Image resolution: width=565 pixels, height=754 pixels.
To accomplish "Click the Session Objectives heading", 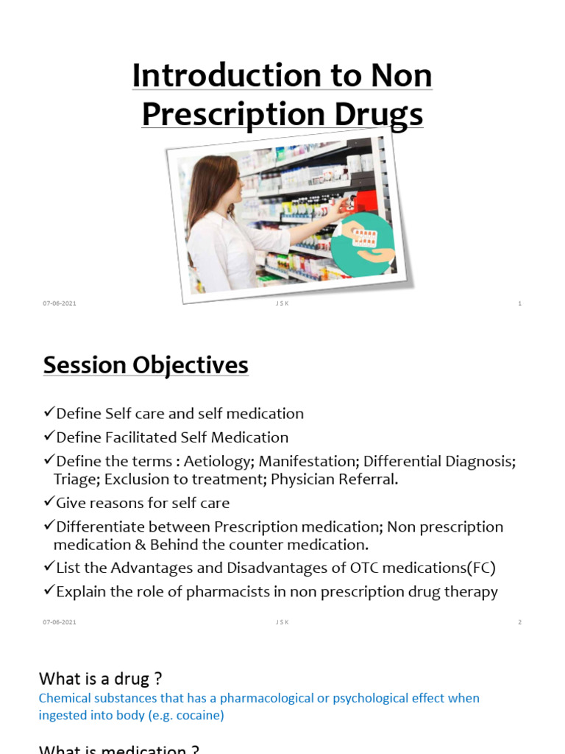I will [146, 365].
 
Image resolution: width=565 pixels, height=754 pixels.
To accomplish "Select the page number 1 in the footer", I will [519, 304].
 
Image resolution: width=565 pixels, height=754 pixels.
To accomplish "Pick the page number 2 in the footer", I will [519, 622].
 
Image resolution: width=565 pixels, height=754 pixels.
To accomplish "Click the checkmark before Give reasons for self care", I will [49, 503].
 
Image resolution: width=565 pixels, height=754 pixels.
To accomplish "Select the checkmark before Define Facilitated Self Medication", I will [49, 437].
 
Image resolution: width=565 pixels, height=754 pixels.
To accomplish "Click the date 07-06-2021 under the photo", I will [60, 304].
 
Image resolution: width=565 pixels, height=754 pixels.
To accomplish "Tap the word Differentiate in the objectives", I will [100, 527].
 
